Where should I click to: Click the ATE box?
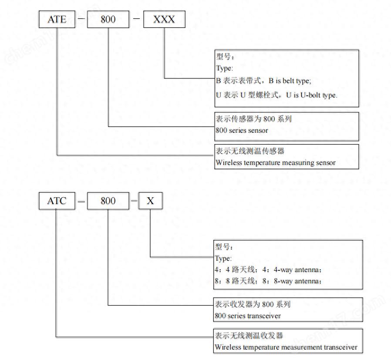[57, 19]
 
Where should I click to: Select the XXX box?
[164, 19]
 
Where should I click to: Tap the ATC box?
[57, 201]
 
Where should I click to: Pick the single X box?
[150, 201]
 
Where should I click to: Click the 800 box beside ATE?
[108, 19]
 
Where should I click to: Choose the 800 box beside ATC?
[108, 201]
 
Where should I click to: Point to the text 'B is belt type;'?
[290, 81]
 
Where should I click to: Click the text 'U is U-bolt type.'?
[312, 95]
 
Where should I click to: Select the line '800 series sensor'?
[242, 131]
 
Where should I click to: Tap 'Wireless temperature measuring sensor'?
[276, 163]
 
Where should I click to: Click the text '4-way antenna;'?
[297, 270]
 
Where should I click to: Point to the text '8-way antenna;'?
[297, 281]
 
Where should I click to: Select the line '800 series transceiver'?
[248, 316]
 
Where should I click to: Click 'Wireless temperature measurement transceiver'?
[286, 347]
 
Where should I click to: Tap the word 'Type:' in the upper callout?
[224, 68]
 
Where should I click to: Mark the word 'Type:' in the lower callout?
[223, 259]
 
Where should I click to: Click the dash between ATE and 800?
[81, 19]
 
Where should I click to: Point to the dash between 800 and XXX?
[136, 19]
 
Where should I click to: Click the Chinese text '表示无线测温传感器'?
[250, 151]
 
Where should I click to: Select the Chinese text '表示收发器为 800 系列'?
[253, 304]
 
